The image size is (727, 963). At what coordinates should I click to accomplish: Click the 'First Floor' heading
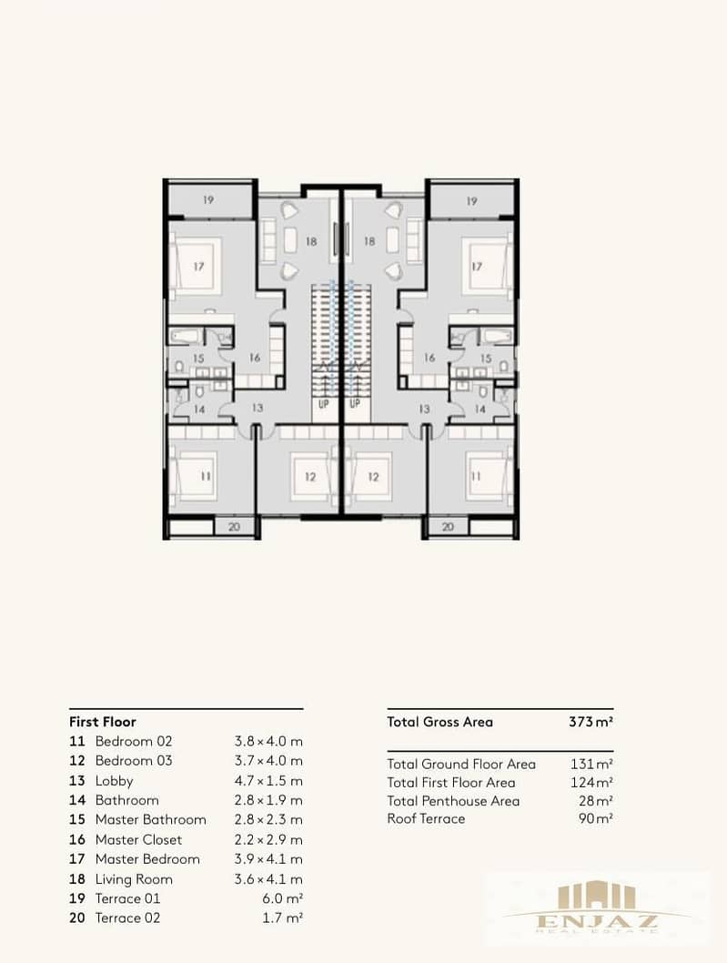click(103, 722)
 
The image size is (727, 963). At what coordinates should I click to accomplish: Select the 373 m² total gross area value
click(591, 722)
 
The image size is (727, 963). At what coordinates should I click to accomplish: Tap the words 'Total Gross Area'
click(439, 722)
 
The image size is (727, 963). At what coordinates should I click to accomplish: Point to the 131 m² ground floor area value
click(591, 764)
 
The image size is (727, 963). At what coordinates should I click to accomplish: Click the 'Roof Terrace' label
click(426, 818)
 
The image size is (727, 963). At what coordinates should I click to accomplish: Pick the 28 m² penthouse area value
click(596, 801)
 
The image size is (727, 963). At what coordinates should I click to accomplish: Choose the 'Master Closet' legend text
click(139, 839)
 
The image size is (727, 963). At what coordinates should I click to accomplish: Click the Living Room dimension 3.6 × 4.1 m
click(268, 879)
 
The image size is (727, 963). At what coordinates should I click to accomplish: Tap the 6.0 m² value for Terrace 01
click(282, 898)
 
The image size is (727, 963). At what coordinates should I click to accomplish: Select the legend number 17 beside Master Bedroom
click(77, 859)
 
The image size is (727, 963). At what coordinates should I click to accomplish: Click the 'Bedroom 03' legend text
click(134, 760)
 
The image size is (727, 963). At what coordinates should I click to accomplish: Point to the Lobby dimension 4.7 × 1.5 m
click(268, 781)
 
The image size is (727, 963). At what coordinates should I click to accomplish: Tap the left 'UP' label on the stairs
click(324, 404)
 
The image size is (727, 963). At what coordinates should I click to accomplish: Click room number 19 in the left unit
click(208, 199)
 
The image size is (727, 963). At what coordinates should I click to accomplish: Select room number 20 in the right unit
click(448, 527)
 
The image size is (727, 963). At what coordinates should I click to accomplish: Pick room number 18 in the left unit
click(311, 241)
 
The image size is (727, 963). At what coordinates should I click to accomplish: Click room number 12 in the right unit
click(373, 476)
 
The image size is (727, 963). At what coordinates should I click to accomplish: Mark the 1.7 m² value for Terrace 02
click(282, 918)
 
